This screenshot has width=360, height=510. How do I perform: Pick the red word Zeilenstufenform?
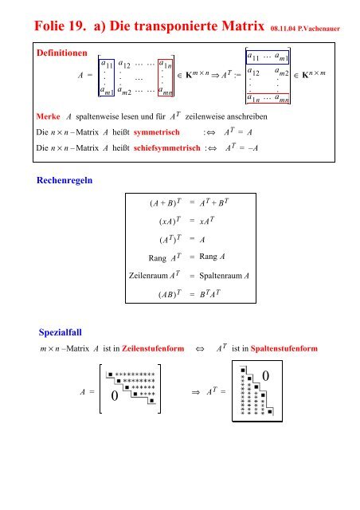[153, 351]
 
